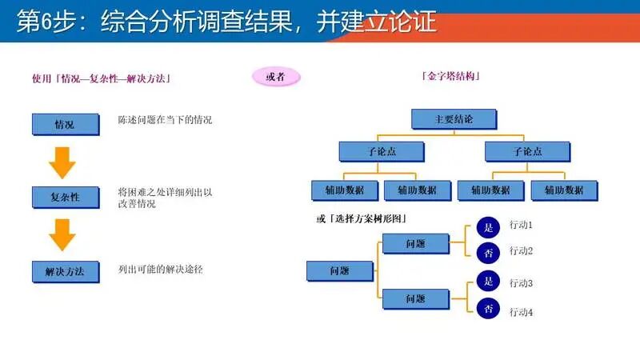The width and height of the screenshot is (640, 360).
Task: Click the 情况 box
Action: (64, 124)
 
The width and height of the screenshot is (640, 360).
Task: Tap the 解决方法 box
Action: (65, 271)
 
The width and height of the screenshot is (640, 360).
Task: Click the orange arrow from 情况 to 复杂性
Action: (62, 162)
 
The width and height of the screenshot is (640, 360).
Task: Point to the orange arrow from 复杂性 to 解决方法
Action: (62, 235)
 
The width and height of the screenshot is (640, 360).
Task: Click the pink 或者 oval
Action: (276, 77)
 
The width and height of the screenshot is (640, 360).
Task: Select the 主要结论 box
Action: (454, 119)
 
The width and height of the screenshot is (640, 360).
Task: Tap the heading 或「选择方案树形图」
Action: (362, 218)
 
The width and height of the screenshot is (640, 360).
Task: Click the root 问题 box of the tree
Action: (339, 271)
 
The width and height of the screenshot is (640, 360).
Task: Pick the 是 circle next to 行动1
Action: (488, 227)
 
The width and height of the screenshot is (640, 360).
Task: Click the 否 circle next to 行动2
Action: (488, 252)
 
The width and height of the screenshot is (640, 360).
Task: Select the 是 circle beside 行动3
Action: (488, 282)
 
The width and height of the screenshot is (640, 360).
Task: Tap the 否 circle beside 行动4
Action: (488, 309)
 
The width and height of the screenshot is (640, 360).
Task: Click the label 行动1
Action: (521, 226)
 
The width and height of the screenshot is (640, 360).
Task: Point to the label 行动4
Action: (521, 312)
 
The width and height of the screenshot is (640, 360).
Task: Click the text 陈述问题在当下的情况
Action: (165, 120)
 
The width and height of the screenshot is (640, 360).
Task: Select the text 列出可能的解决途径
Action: (160, 270)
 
